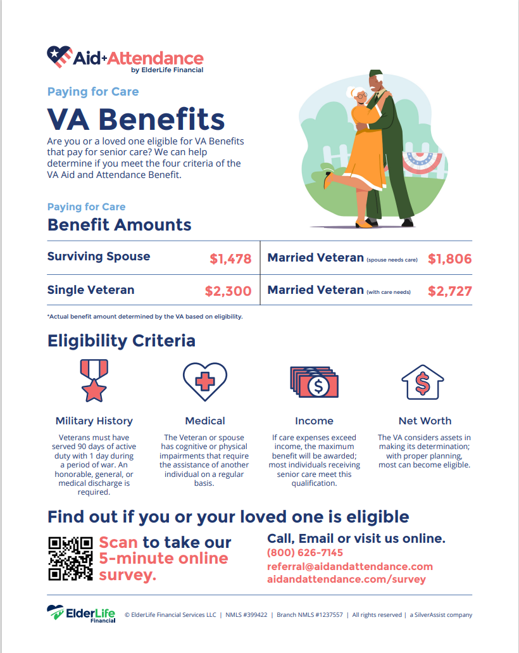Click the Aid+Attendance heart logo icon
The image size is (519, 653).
[x=59, y=57]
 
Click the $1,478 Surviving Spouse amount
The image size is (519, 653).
[x=230, y=258]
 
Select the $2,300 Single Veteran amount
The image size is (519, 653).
[x=228, y=291]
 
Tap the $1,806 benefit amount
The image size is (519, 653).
[x=449, y=258]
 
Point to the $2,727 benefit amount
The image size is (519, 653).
[x=449, y=291]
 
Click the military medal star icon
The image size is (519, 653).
[x=94, y=380]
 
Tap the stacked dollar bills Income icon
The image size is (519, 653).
[x=315, y=381]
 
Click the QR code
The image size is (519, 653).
[x=70, y=558]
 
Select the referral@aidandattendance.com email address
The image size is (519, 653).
[x=350, y=566]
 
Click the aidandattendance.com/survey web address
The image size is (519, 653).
[x=346, y=580]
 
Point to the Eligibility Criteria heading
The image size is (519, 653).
[x=122, y=341]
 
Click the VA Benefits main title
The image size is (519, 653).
[x=136, y=119]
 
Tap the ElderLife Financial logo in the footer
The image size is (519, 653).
[x=81, y=614]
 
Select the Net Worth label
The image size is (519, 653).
[x=425, y=421]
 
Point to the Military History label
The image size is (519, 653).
[x=94, y=421]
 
